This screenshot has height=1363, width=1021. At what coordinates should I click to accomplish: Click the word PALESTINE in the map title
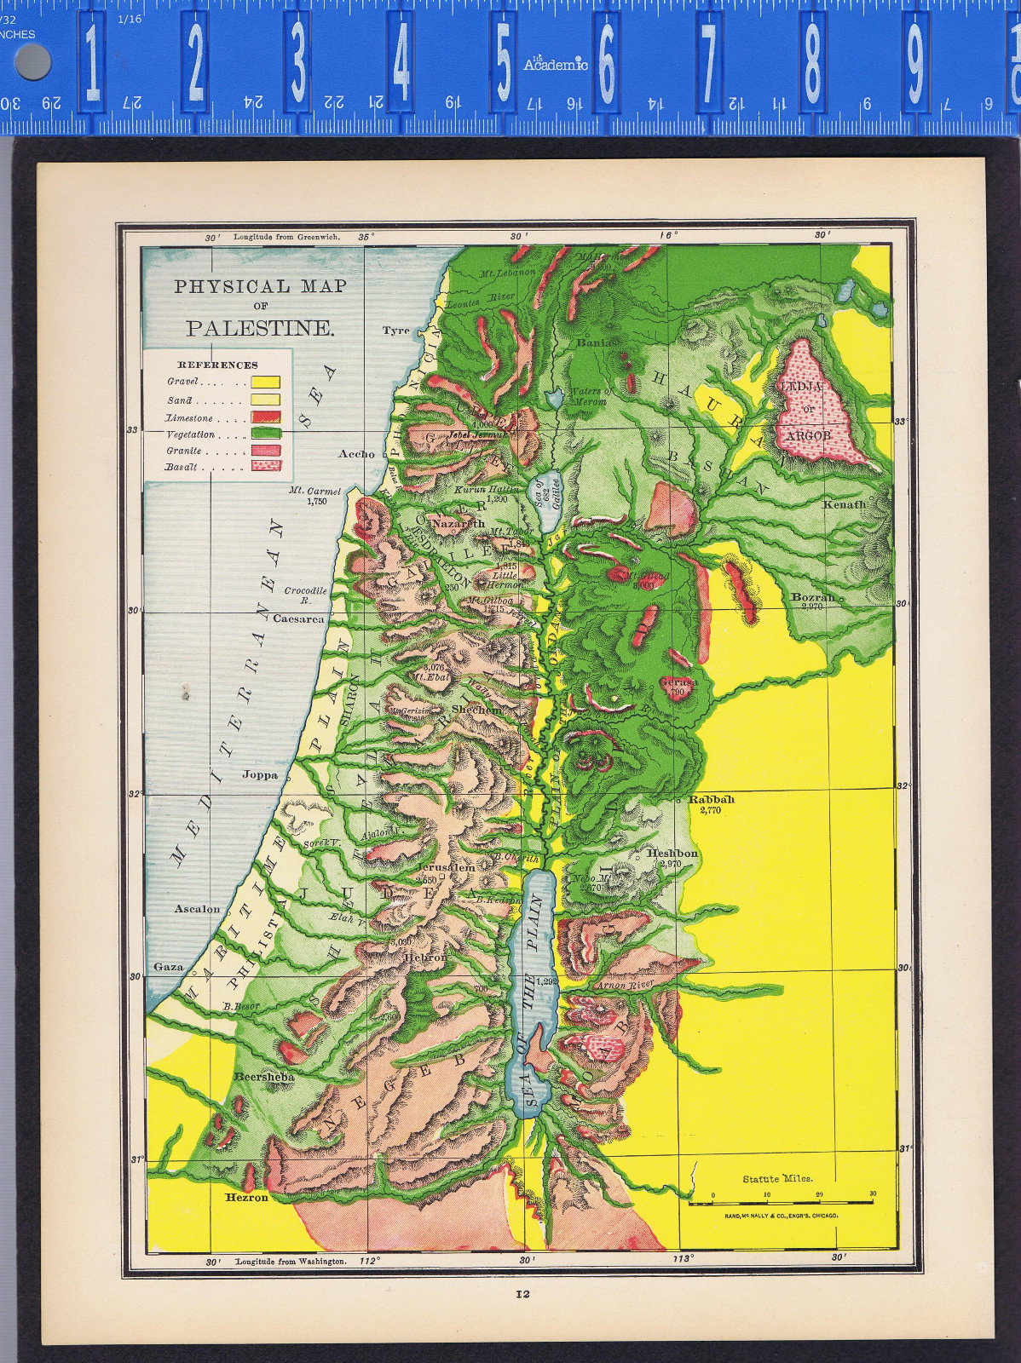pyautogui.click(x=260, y=329)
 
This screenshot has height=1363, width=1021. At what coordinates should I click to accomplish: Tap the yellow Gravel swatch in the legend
pyautogui.click(x=265, y=382)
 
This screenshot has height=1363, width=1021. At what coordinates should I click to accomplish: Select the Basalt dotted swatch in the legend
pyautogui.click(x=265, y=466)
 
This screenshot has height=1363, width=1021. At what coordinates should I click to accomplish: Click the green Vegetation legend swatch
pyautogui.click(x=265, y=434)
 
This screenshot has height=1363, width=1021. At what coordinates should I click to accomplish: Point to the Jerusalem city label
pyautogui.click(x=447, y=867)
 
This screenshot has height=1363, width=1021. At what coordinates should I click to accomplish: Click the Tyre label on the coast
pyautogui.click(x=395, y=331)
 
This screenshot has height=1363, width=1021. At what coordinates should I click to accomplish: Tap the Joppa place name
pyautogui.click(x=260, y=775)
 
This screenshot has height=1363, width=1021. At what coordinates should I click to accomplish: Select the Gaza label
pyautogui.click(x=168, y=967)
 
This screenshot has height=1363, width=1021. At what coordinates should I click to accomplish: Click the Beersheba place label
pyautogui.click(x=264, y=1077)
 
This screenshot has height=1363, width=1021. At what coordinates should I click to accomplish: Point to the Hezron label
pyautogui.click(x=246, y=1197)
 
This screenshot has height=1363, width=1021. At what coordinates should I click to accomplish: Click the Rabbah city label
pyautogui.click(x=711, y=799)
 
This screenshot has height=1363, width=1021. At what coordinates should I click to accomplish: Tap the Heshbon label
pyautogui.click(x=672, y=853)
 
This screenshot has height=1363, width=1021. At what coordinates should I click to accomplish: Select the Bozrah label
pyautogui.click(x=812, y=597)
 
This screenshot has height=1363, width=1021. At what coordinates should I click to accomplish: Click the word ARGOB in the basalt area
pyautogui.click(x=808, y=435)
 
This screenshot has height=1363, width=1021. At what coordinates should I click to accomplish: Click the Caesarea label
pyautogui.click(x=298, y=618)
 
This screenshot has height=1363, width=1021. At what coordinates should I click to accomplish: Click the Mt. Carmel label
pyautogui.click(x=314, y=492)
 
